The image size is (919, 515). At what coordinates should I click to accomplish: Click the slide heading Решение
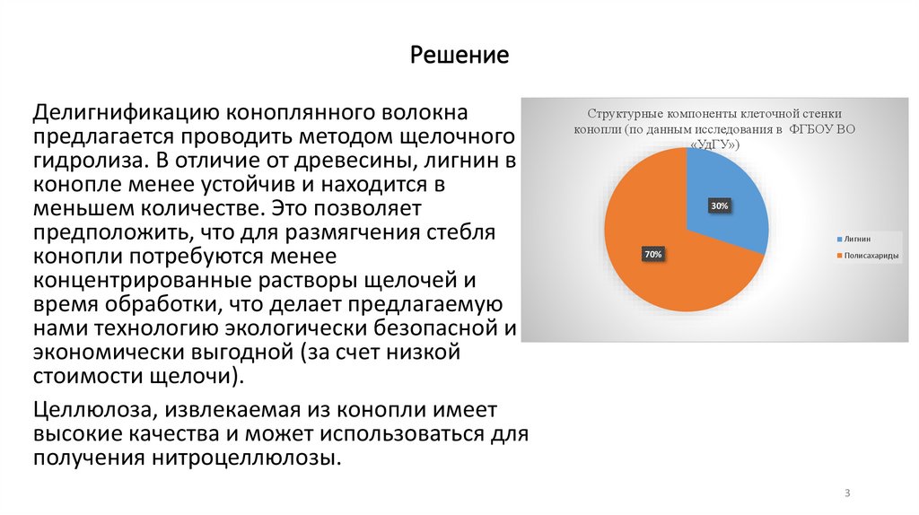[x=459, y=57]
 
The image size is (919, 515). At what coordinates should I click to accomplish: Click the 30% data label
[x=720, y=206]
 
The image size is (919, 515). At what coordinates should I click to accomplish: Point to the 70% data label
[x=652, y=255]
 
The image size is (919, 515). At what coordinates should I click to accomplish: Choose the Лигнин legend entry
[x=856, y=240]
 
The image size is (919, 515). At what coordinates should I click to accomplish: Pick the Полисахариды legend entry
[x=868, y=256]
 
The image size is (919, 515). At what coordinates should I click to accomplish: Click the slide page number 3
[x=847, y=493]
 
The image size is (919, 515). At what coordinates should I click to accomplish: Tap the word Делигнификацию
[x=122, y=115]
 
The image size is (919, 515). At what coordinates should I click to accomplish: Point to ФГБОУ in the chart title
[x=811, y=129]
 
